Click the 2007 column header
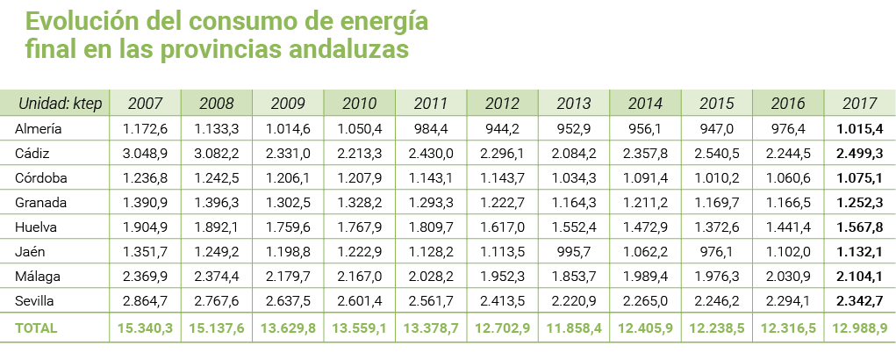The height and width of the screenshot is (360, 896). click(144, 104)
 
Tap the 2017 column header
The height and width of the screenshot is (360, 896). click(859, 104)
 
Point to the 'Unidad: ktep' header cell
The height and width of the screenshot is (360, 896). click(61, 104)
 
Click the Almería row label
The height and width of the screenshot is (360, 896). click(39, 129)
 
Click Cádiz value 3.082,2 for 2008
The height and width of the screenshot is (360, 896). click(216, 154)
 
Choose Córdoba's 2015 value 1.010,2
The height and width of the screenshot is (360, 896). click(716, 178)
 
